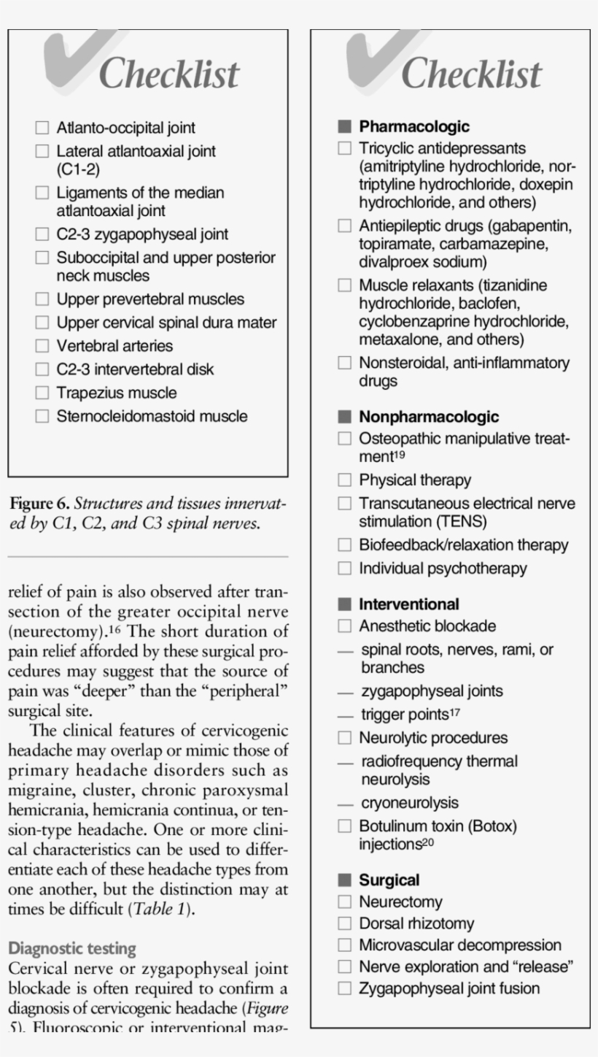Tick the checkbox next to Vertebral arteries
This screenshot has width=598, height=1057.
coord(42,346)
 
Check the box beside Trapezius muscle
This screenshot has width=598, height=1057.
coord(42,393)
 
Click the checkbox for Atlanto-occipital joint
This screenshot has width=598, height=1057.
coord(42,128)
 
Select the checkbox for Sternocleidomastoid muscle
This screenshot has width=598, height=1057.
coord(42,416)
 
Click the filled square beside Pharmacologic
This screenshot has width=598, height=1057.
coord(344,127)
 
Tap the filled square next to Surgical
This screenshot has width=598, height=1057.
coord(344,880)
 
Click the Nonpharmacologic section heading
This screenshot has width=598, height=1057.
coord(429,417)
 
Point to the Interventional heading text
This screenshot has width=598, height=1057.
coord(408,604)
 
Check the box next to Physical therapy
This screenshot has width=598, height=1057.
coord(344,480)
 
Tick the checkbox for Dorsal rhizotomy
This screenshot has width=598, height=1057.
coord(344,924)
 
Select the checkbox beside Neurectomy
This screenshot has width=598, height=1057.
coord(344,902)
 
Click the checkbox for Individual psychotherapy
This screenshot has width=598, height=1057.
coord(344,568)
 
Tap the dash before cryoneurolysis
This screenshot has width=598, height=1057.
coord(345,804)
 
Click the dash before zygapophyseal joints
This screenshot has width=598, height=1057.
coord(345,691)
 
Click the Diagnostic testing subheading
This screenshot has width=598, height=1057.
coord(72,949)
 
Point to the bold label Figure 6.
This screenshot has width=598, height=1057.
coord(39,504)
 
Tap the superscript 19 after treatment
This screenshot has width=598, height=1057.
coord(399,454)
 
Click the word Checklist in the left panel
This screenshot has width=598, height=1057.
coord(168,74)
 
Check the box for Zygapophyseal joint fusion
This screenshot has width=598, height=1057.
coord(344,989)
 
